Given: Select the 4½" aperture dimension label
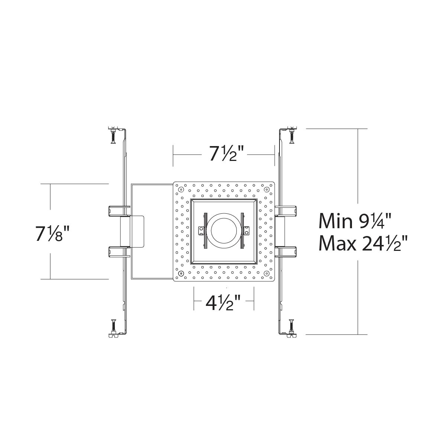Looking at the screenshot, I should pyautogui.click(x=223, y=303).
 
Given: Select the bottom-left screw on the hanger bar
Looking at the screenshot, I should pyautogui.click(x=113, y=326).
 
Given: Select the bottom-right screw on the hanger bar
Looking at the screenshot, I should pyautogui.click(x=292, y=326).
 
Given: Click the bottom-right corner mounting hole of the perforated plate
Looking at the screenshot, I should pyautogui.click(x=266, y=274).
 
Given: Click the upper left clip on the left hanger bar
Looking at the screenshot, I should pyautogui.click(x=117, y=211).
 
